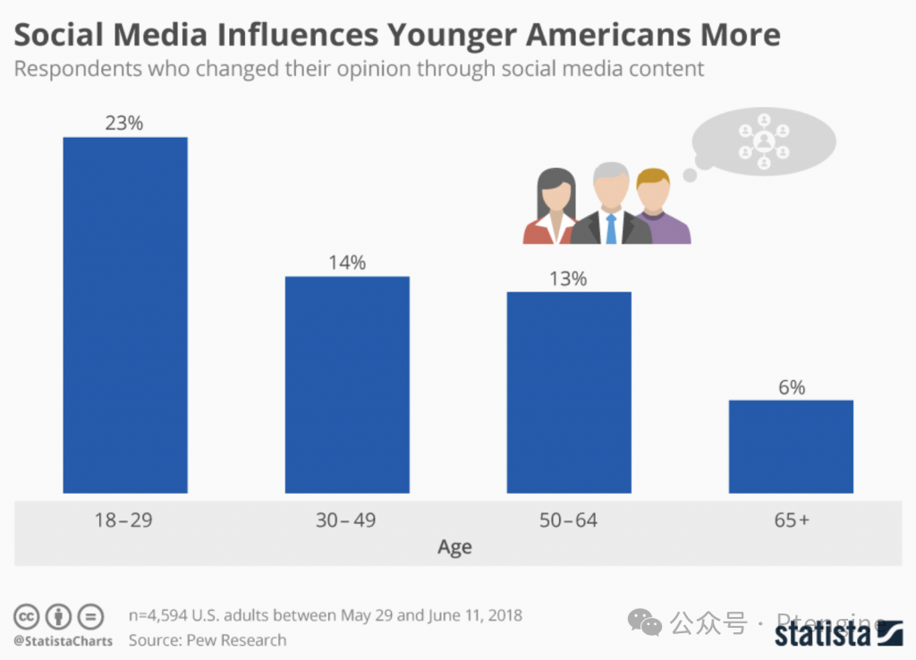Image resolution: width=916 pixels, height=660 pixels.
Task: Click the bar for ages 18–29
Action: [x=125, y=315]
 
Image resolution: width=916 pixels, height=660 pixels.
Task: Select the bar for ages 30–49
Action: [x=347, y=385]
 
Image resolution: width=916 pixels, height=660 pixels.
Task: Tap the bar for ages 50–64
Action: [x=569, y=392]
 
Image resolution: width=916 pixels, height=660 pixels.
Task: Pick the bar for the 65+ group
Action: [x=791, y=446]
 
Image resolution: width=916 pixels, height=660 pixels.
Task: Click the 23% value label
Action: [x=123, y=123]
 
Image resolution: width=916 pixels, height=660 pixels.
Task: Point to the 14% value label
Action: [x=346, y=263]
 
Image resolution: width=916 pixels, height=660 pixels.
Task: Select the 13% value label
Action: [x=568, y=279]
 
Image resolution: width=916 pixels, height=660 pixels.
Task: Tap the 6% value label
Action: [x=791, y=387]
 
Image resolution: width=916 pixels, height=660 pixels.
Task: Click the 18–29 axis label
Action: [x=123, y=520]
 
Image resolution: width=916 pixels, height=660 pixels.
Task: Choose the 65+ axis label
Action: [x=792, y=520]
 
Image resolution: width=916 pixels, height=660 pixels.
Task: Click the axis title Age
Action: [x=454, y=547]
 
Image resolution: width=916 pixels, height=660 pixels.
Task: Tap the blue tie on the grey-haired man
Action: [x=611, y=228]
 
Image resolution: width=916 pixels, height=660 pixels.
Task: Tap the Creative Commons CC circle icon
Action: [x=26, y=617]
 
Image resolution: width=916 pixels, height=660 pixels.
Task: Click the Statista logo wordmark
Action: [x=822, y=634]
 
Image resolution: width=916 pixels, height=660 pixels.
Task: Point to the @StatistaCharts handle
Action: [x=63, y=641]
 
